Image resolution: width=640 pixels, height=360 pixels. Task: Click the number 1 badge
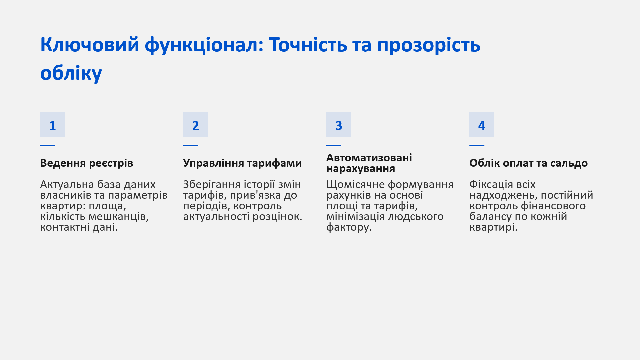52,125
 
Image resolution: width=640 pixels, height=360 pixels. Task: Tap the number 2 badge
195,125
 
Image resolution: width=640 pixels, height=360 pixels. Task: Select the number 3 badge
339,125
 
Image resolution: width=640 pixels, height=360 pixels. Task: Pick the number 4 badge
482,125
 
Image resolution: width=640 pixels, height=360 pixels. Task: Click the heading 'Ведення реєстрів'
87,163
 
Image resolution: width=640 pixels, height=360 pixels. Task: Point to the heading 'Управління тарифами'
242,163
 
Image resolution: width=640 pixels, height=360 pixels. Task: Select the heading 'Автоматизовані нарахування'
369,163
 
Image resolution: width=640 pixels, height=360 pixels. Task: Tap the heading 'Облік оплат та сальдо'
528,163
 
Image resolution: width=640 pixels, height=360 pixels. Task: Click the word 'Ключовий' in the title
90,45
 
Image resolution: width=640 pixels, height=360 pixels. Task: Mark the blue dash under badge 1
47,145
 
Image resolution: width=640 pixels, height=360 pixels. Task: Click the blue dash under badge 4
477,145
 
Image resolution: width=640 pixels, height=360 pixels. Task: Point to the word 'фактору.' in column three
349,227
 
